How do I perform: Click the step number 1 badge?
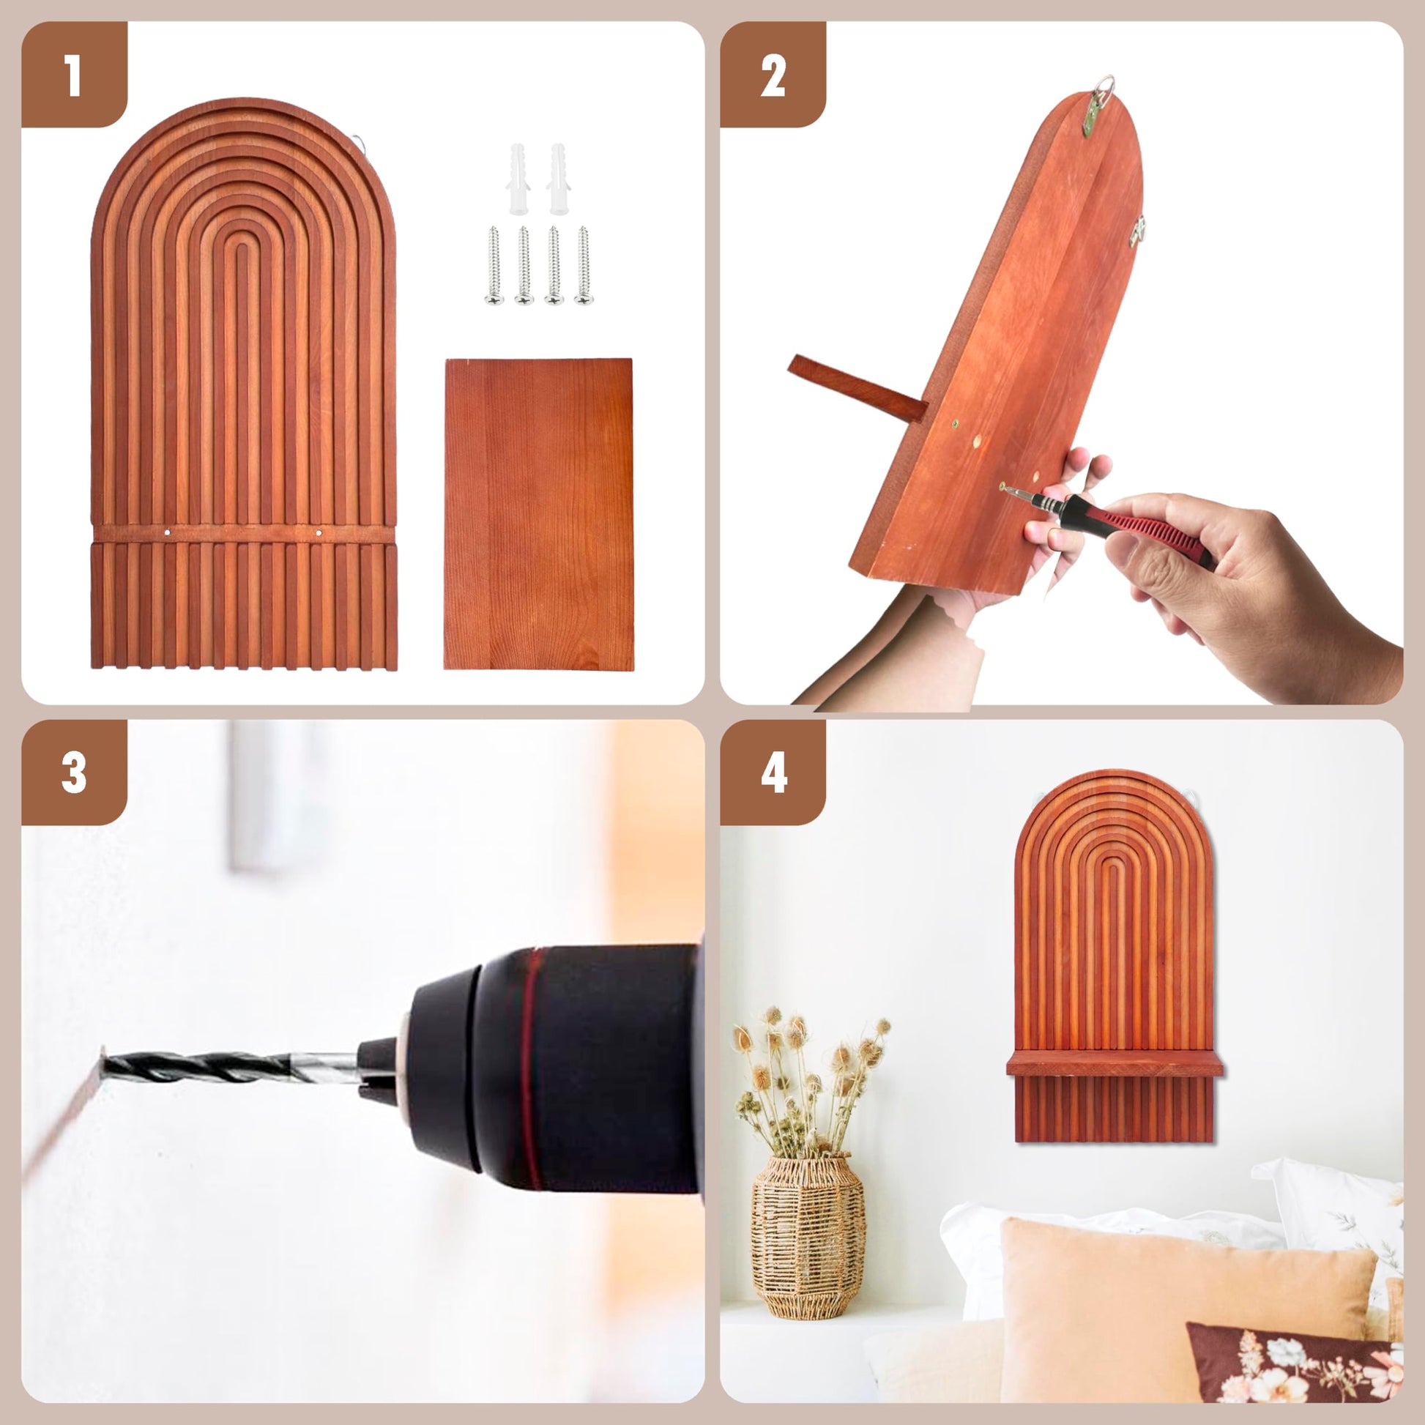coord(74,75)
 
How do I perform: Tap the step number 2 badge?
coord(773,75)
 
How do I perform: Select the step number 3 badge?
coord(74,773)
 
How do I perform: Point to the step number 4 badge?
coord(773,773)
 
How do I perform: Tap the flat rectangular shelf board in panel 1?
coord(538,514)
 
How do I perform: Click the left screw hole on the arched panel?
coord(169,532)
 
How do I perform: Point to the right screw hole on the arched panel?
coord(319,532)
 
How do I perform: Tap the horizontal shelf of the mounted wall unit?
coord(1115,1064)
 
